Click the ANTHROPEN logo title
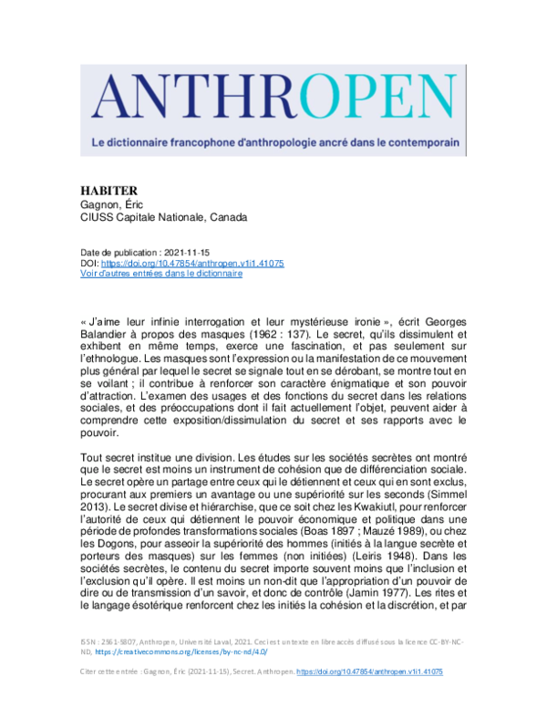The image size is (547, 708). pyautogui.click(x=273, y=96)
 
